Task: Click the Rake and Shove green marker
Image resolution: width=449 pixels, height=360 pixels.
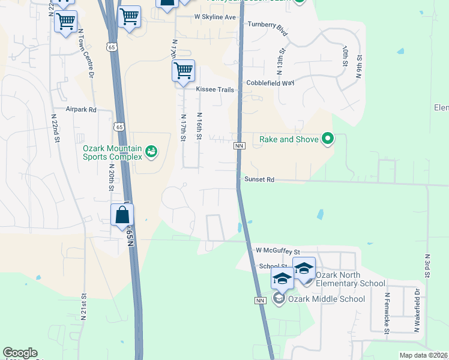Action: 327,139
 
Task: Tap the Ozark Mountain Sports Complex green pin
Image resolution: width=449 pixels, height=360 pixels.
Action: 151,151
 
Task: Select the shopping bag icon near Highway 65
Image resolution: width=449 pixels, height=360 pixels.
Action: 122,215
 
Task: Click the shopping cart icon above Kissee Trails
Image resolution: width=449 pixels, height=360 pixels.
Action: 183,70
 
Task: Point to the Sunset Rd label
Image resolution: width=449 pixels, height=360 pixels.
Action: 259,179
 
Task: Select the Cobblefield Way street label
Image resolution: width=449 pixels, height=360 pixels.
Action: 270,83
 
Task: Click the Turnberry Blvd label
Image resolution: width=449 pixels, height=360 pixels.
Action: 268,29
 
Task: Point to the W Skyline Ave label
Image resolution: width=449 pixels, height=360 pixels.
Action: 215,17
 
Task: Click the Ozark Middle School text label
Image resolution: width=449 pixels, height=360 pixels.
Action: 327,299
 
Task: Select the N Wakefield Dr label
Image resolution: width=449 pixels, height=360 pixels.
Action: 416,309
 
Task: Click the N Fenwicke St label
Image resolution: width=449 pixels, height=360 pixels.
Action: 388,313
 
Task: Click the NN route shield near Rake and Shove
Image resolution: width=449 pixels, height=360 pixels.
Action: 239,146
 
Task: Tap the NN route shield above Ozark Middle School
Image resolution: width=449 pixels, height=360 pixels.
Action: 261,300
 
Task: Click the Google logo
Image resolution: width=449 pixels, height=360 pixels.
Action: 20,353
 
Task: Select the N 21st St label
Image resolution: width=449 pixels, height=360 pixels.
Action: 84,308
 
